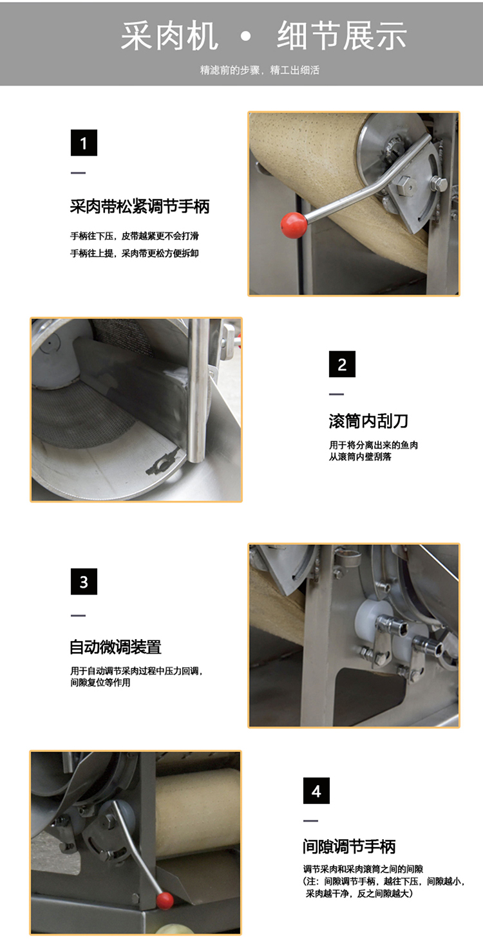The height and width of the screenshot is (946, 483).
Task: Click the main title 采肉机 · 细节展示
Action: tap(263, 36)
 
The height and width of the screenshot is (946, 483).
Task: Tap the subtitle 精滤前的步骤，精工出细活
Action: tap(260, 70)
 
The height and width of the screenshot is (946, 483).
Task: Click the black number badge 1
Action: tap(84, 143)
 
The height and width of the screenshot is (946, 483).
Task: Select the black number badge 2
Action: tap(342, 364)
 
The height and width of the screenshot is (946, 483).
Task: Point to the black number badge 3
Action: tap(84, 582)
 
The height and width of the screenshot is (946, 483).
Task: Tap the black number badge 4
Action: tap(316, 790)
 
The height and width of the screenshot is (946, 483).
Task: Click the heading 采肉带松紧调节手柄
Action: tap(140, 207)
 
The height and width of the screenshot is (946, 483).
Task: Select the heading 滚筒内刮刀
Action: tap(368, 421)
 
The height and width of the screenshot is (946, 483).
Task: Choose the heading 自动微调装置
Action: tap(115, 647)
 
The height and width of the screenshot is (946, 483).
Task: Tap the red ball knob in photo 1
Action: tap(294, 225)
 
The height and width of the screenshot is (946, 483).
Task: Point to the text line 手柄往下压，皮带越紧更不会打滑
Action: tap(135, 236)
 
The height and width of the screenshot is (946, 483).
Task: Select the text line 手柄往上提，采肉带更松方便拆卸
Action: tap(135, 254)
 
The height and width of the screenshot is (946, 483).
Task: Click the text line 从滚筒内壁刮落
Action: tap(360, 456)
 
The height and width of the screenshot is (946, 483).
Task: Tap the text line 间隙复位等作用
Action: tap(100, 682)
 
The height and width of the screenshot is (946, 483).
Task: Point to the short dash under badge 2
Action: tap(336, 394)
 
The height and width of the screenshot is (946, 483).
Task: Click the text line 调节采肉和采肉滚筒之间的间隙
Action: tap(363, 869)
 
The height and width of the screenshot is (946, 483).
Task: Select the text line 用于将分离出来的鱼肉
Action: tap(374, 445)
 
